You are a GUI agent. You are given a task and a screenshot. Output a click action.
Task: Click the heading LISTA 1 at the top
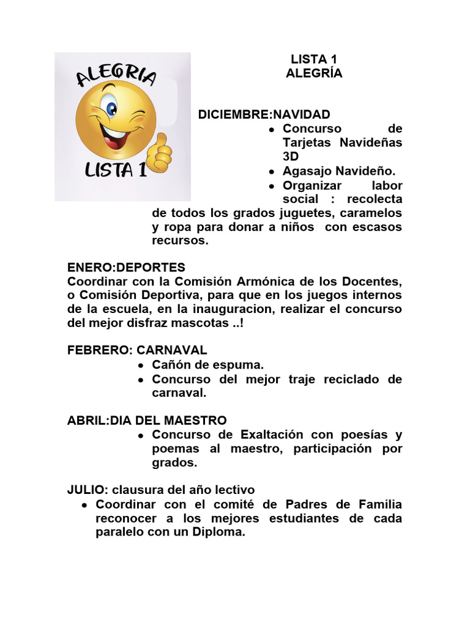(313, 59)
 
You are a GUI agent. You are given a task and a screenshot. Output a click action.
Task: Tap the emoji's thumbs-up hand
(161, 152)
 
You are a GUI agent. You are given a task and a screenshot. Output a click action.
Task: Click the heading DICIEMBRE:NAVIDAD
(264, 114)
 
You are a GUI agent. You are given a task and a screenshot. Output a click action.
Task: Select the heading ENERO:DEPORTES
(125, 268)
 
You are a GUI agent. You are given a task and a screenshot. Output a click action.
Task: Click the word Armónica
(237, 282)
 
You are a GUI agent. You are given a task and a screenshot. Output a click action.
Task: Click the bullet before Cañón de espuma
(141, 366)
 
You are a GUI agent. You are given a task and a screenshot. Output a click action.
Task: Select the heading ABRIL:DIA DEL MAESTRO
(146, 420)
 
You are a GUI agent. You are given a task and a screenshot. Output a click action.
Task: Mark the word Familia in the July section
(378, 504)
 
